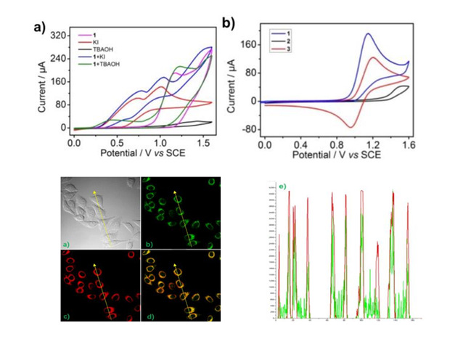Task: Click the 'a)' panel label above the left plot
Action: pos(40,28)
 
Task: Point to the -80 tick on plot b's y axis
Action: pos(248,130)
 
